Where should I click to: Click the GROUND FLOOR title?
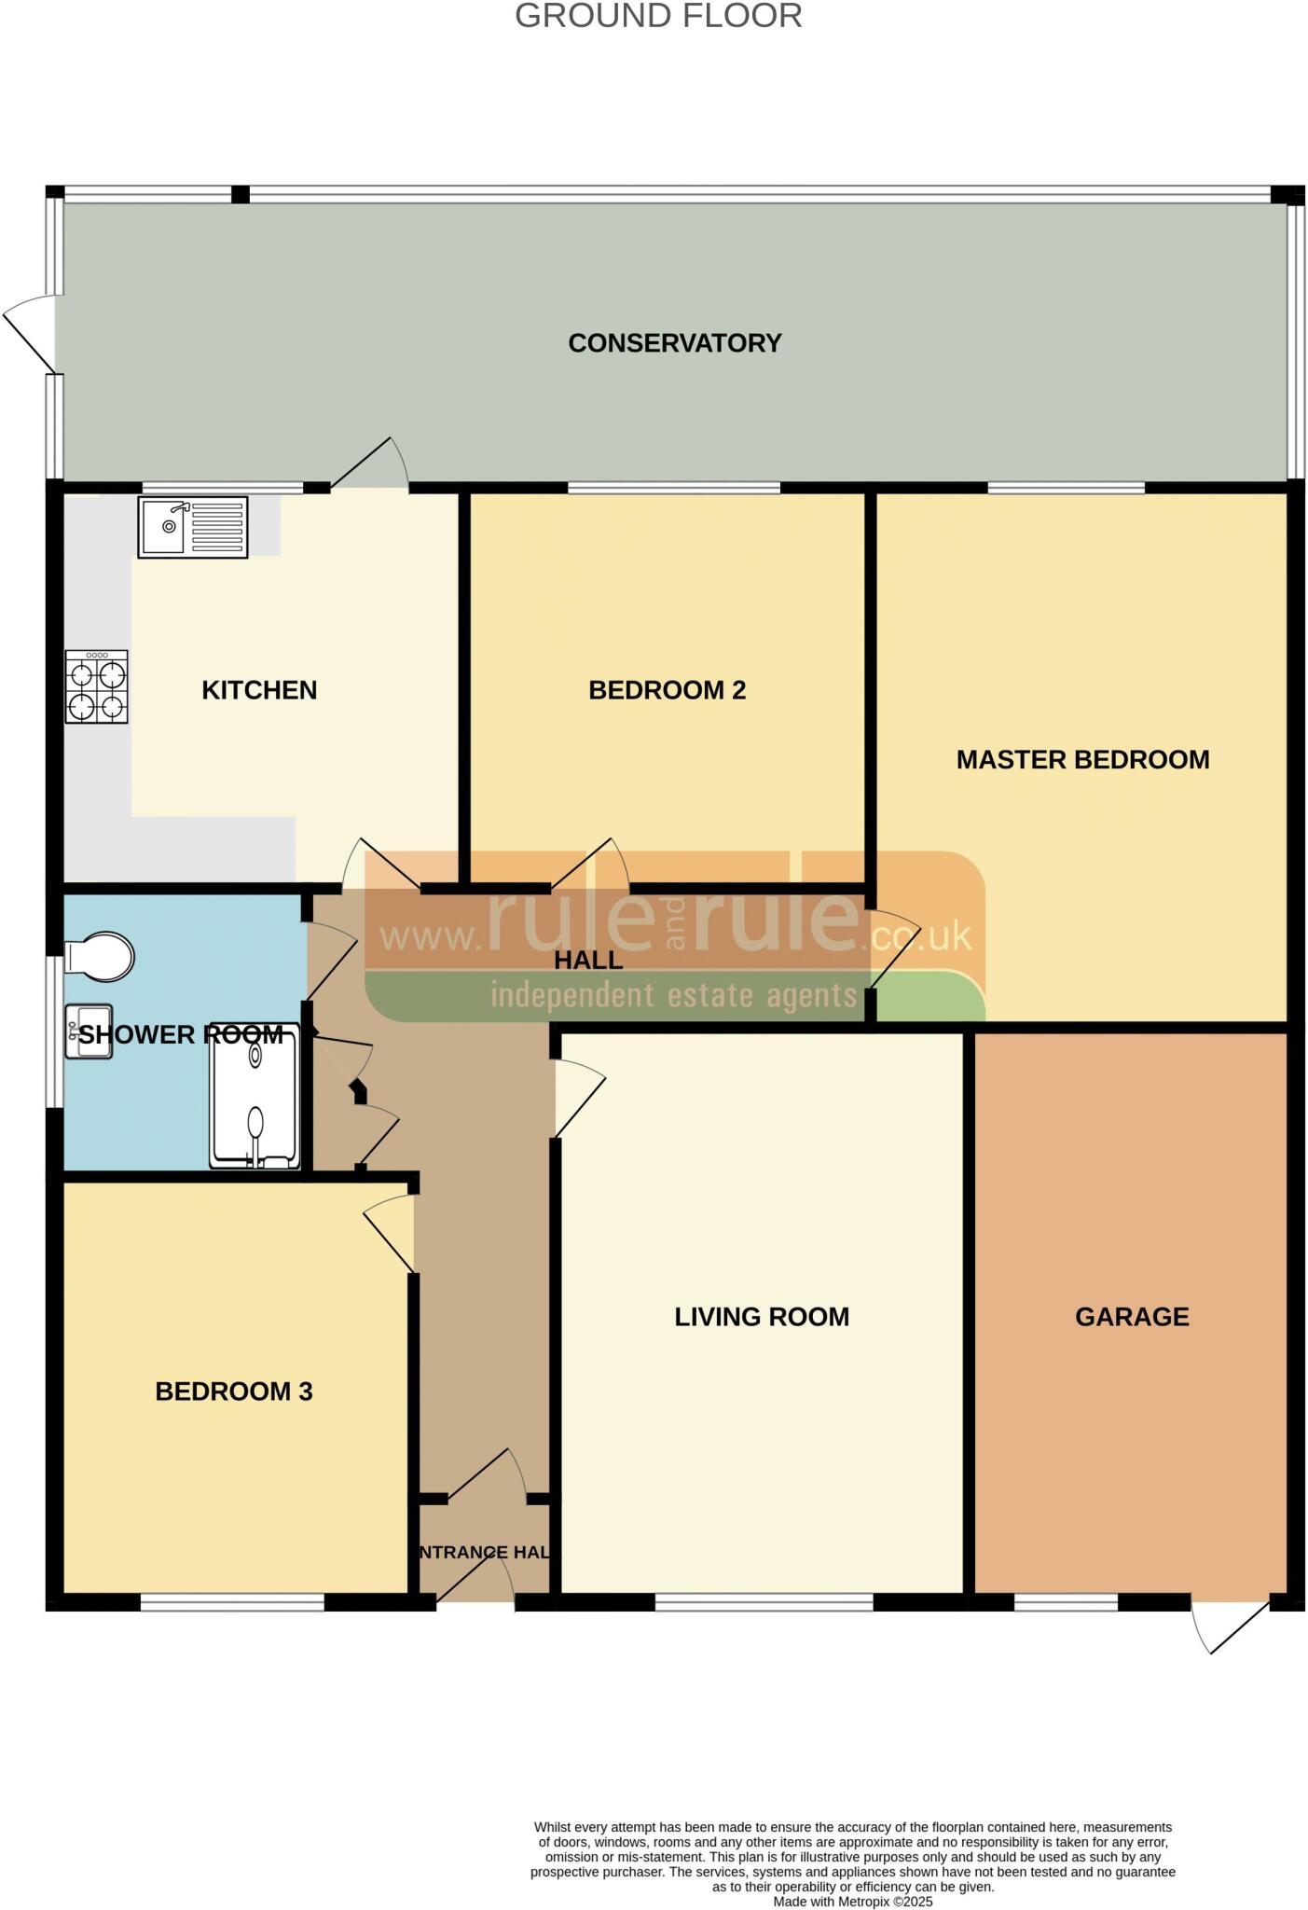658,16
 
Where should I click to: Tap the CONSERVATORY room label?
674,343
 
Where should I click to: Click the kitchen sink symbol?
192,527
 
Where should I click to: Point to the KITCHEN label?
259,690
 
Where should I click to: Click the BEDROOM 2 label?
667,690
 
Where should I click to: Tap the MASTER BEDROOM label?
1082,759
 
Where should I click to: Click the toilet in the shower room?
101,956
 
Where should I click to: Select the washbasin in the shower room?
89,1031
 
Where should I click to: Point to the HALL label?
588,960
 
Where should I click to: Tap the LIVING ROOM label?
762,1317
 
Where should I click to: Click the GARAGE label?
1132,1317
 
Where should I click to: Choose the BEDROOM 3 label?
233,1391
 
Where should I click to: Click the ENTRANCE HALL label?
485,1552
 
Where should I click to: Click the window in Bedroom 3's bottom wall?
232,1602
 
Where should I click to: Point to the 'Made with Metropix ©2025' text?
852,1902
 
